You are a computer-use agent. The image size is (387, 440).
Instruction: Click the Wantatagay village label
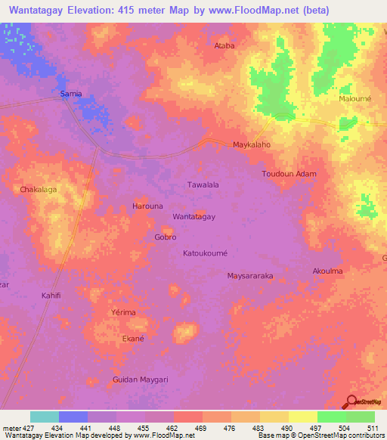tap(194, 217)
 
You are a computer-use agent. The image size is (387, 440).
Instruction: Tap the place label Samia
tap(71, 94)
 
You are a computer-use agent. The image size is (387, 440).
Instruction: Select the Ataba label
tap(225, 45)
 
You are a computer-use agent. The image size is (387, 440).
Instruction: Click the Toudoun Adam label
tap(289, 174)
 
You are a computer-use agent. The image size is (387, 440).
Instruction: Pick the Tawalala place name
tap(203, 184)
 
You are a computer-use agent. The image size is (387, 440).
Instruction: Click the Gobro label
tap(166, 237)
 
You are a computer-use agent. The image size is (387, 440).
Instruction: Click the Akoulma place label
tap(327, 271)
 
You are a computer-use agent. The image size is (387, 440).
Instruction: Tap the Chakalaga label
tap(39, 190)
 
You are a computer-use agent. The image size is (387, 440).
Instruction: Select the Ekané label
tap(133, 339)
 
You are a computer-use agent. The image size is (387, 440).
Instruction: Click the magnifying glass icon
tap(351, 403)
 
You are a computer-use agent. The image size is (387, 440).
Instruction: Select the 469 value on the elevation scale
tap(202, 429)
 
